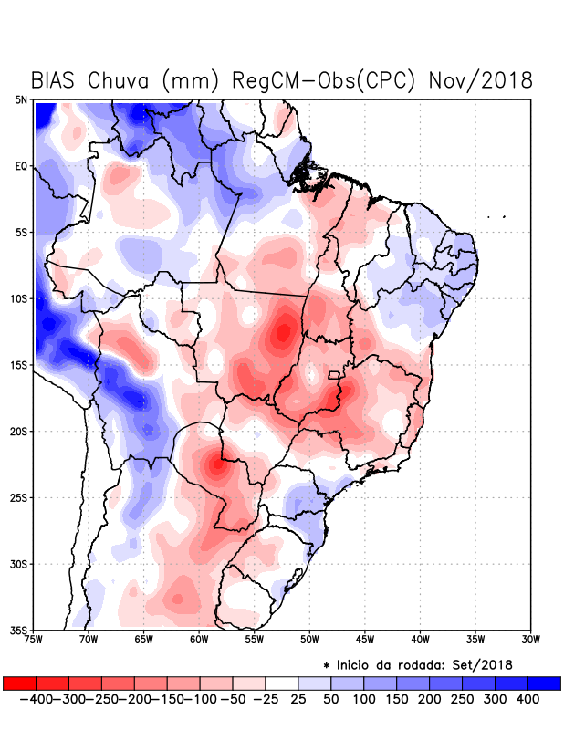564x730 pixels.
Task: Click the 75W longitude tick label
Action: [x=35, y=639]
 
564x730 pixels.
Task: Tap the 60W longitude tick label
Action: [x=198, y=639]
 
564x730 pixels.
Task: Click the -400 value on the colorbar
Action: [x=36, y=699]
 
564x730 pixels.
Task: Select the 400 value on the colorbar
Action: [x=527, y=699]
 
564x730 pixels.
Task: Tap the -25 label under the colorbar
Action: [x=266, y=699]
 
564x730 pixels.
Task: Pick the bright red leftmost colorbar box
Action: [x=19, y=683]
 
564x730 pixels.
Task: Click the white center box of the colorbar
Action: [x=281, y=683]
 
